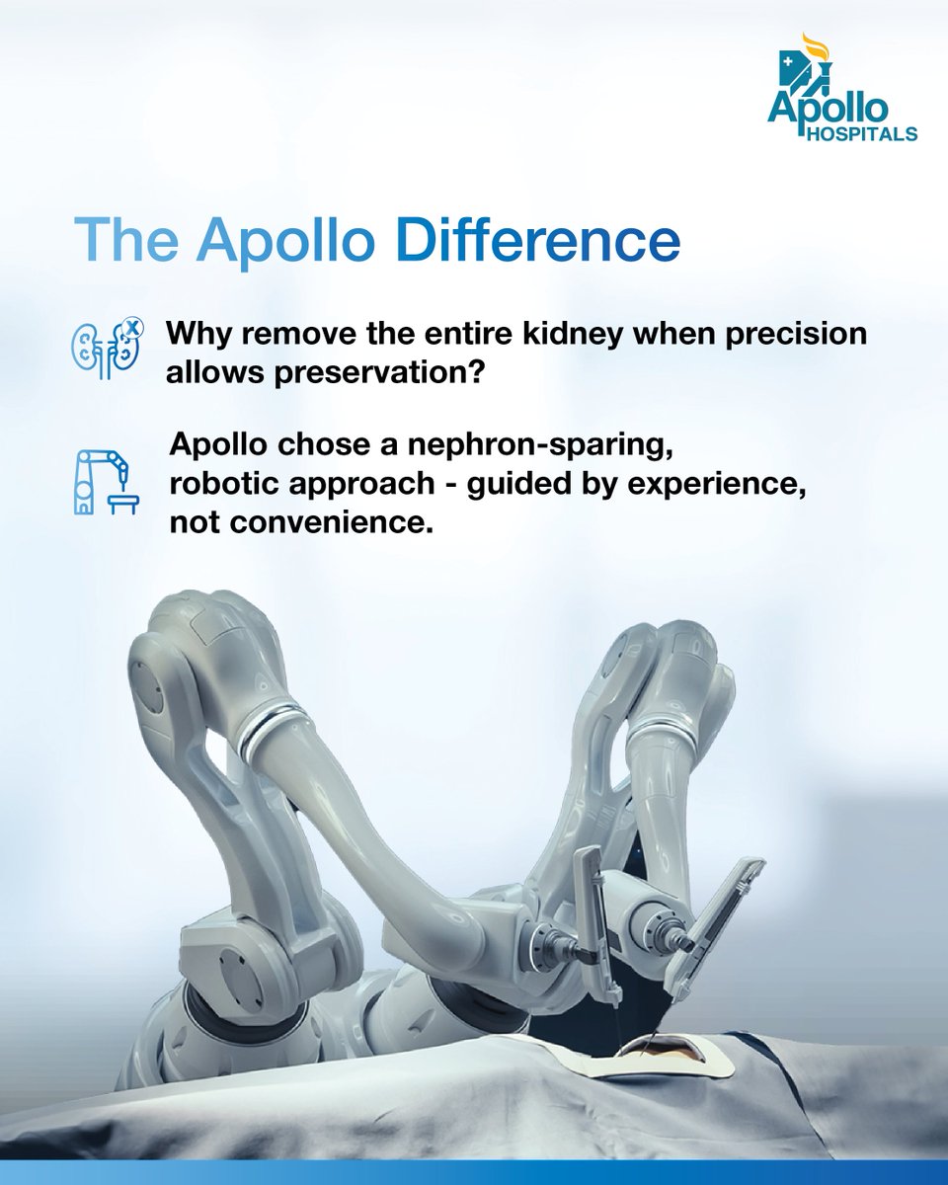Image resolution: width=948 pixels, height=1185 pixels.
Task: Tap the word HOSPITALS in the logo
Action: coord(861,133)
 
